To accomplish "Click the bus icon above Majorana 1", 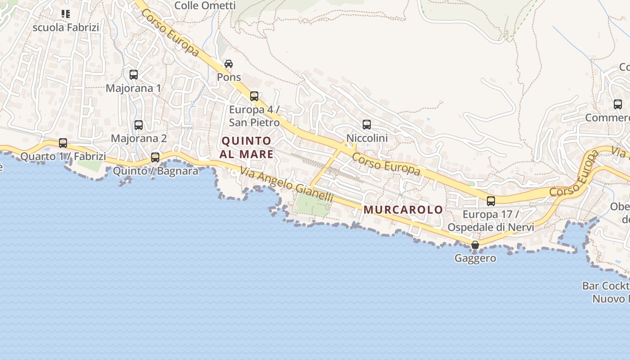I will click(134, 75).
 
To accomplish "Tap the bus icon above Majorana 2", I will click(139, 125).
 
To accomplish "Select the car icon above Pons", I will click(229, 64).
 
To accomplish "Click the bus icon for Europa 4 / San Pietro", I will click(254, 96).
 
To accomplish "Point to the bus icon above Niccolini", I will click(367, 125).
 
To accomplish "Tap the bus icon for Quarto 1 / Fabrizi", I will click(63, 143).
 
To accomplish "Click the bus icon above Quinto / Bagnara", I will click(155, 157).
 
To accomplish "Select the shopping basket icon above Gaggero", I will click(475, 245).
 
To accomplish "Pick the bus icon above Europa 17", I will click(491, 201).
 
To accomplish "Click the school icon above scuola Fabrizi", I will click(66, 14).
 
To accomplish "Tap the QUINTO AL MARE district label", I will click(247, 148).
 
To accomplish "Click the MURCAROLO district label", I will click(403, 210).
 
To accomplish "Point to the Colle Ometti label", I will click(205, 5).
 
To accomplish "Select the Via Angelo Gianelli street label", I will click(287, 184).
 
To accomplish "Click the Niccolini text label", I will click(367, 138).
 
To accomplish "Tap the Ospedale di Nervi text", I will click(490, 227).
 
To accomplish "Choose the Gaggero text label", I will click(475, 258).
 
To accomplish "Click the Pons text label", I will click(229, 77).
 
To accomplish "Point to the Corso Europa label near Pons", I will click(170, 32).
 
